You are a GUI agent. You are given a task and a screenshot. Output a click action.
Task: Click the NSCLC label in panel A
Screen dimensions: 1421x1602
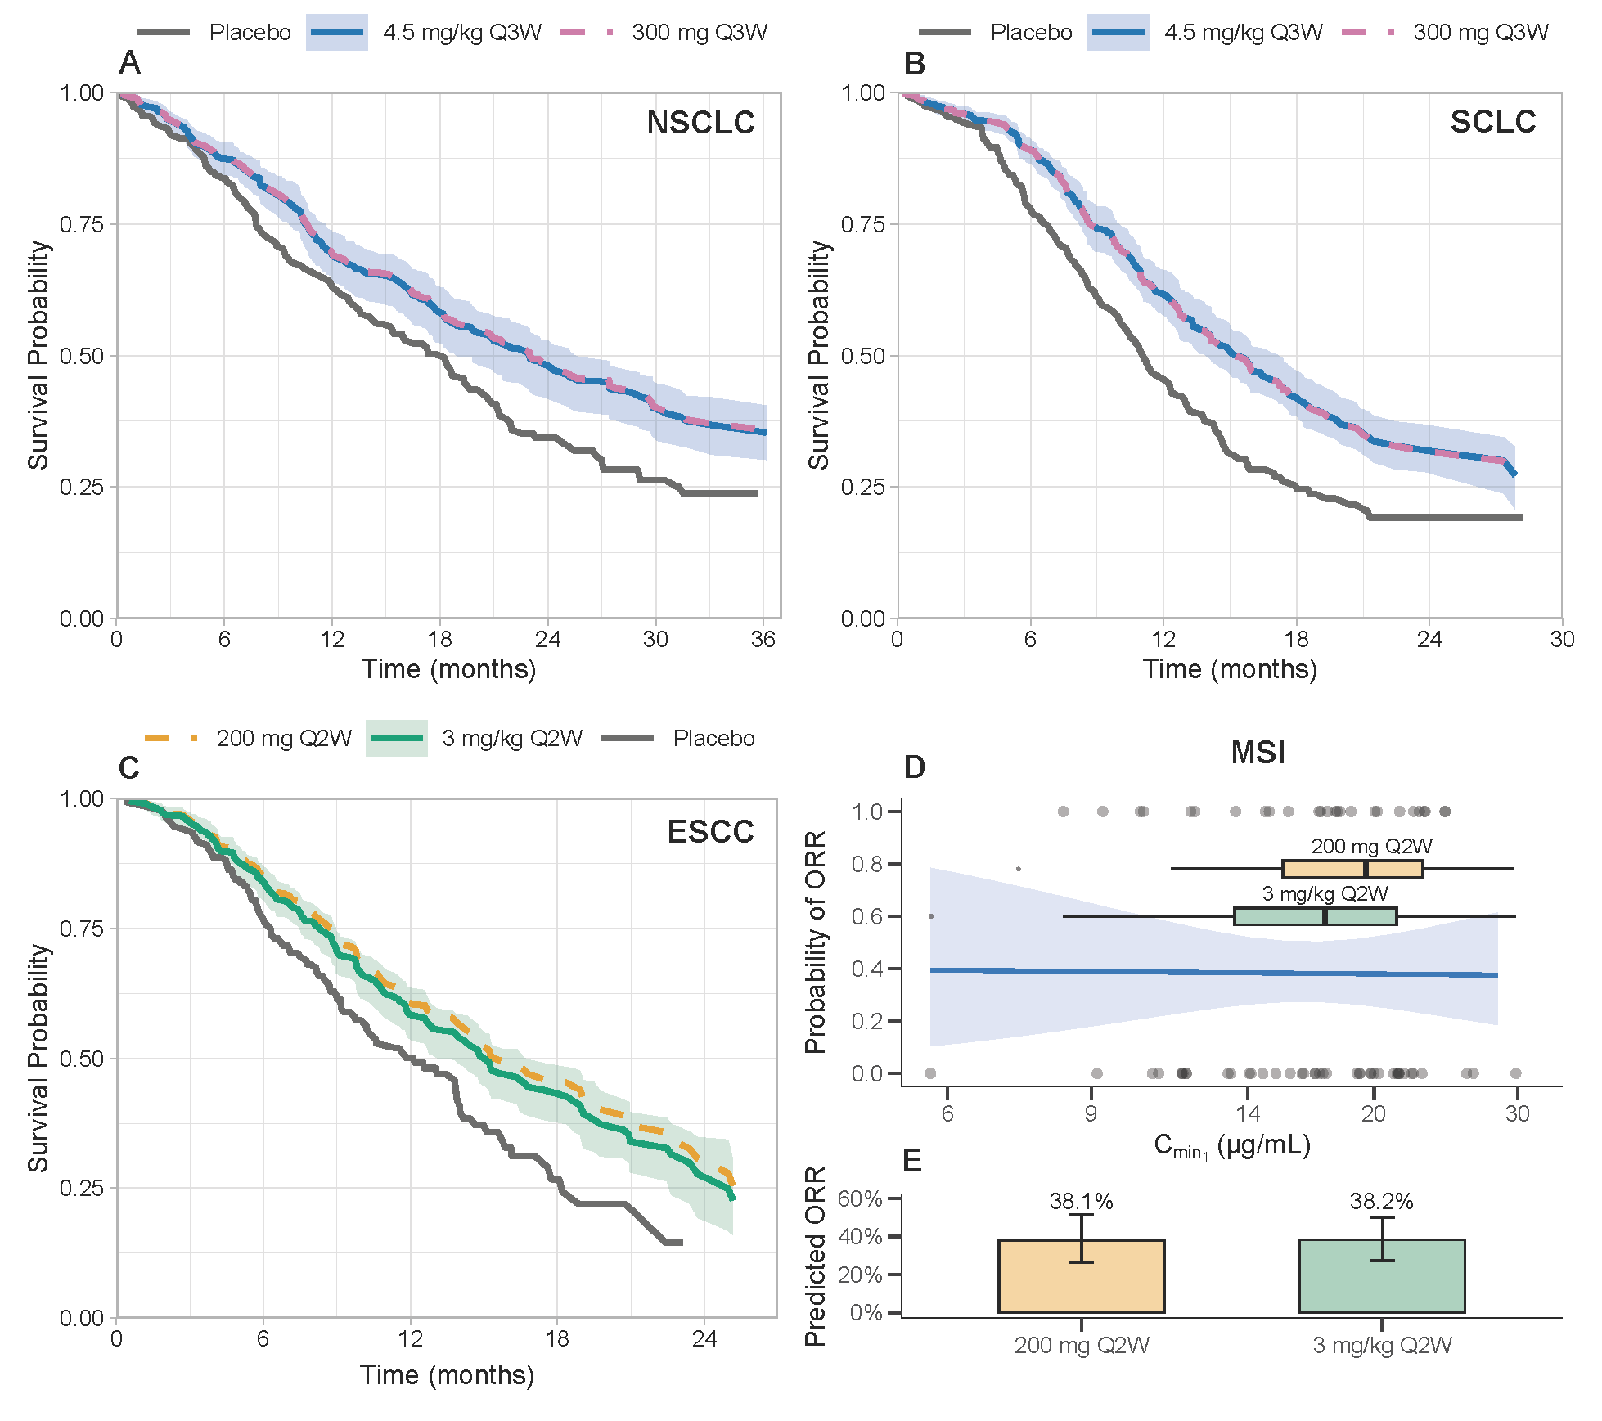700,123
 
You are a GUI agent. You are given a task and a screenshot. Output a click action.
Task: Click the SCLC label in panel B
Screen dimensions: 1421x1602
1492,122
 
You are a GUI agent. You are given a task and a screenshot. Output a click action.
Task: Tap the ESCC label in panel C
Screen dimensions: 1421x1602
710,832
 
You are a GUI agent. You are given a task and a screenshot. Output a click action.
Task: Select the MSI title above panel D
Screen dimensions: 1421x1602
1258,753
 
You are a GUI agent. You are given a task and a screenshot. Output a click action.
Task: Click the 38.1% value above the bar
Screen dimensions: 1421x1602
1081,1201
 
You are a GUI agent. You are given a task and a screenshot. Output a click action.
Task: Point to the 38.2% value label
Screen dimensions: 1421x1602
1381,1201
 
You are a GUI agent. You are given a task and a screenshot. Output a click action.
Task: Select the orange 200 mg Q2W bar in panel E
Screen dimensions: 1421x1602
1081,1275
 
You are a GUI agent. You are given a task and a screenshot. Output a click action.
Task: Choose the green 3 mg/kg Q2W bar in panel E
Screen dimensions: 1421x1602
1381,1275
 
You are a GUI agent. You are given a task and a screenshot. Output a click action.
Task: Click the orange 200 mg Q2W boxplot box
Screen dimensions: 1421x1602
1352,869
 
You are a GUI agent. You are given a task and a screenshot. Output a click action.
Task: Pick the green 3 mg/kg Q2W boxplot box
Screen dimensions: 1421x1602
1315,916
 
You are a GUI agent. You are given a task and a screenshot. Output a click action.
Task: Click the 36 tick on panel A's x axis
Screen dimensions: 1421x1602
763,640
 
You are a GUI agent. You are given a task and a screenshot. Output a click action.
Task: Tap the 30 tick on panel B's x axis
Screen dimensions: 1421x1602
1561,640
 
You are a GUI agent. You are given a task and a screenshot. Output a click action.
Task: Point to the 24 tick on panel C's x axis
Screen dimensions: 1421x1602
704,1339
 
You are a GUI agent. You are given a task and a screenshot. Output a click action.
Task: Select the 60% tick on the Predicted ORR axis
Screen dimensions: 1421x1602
860,1199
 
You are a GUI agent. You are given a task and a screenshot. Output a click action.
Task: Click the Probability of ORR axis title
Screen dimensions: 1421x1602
816,942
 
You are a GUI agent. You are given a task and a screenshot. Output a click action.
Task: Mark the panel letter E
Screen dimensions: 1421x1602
911,1161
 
